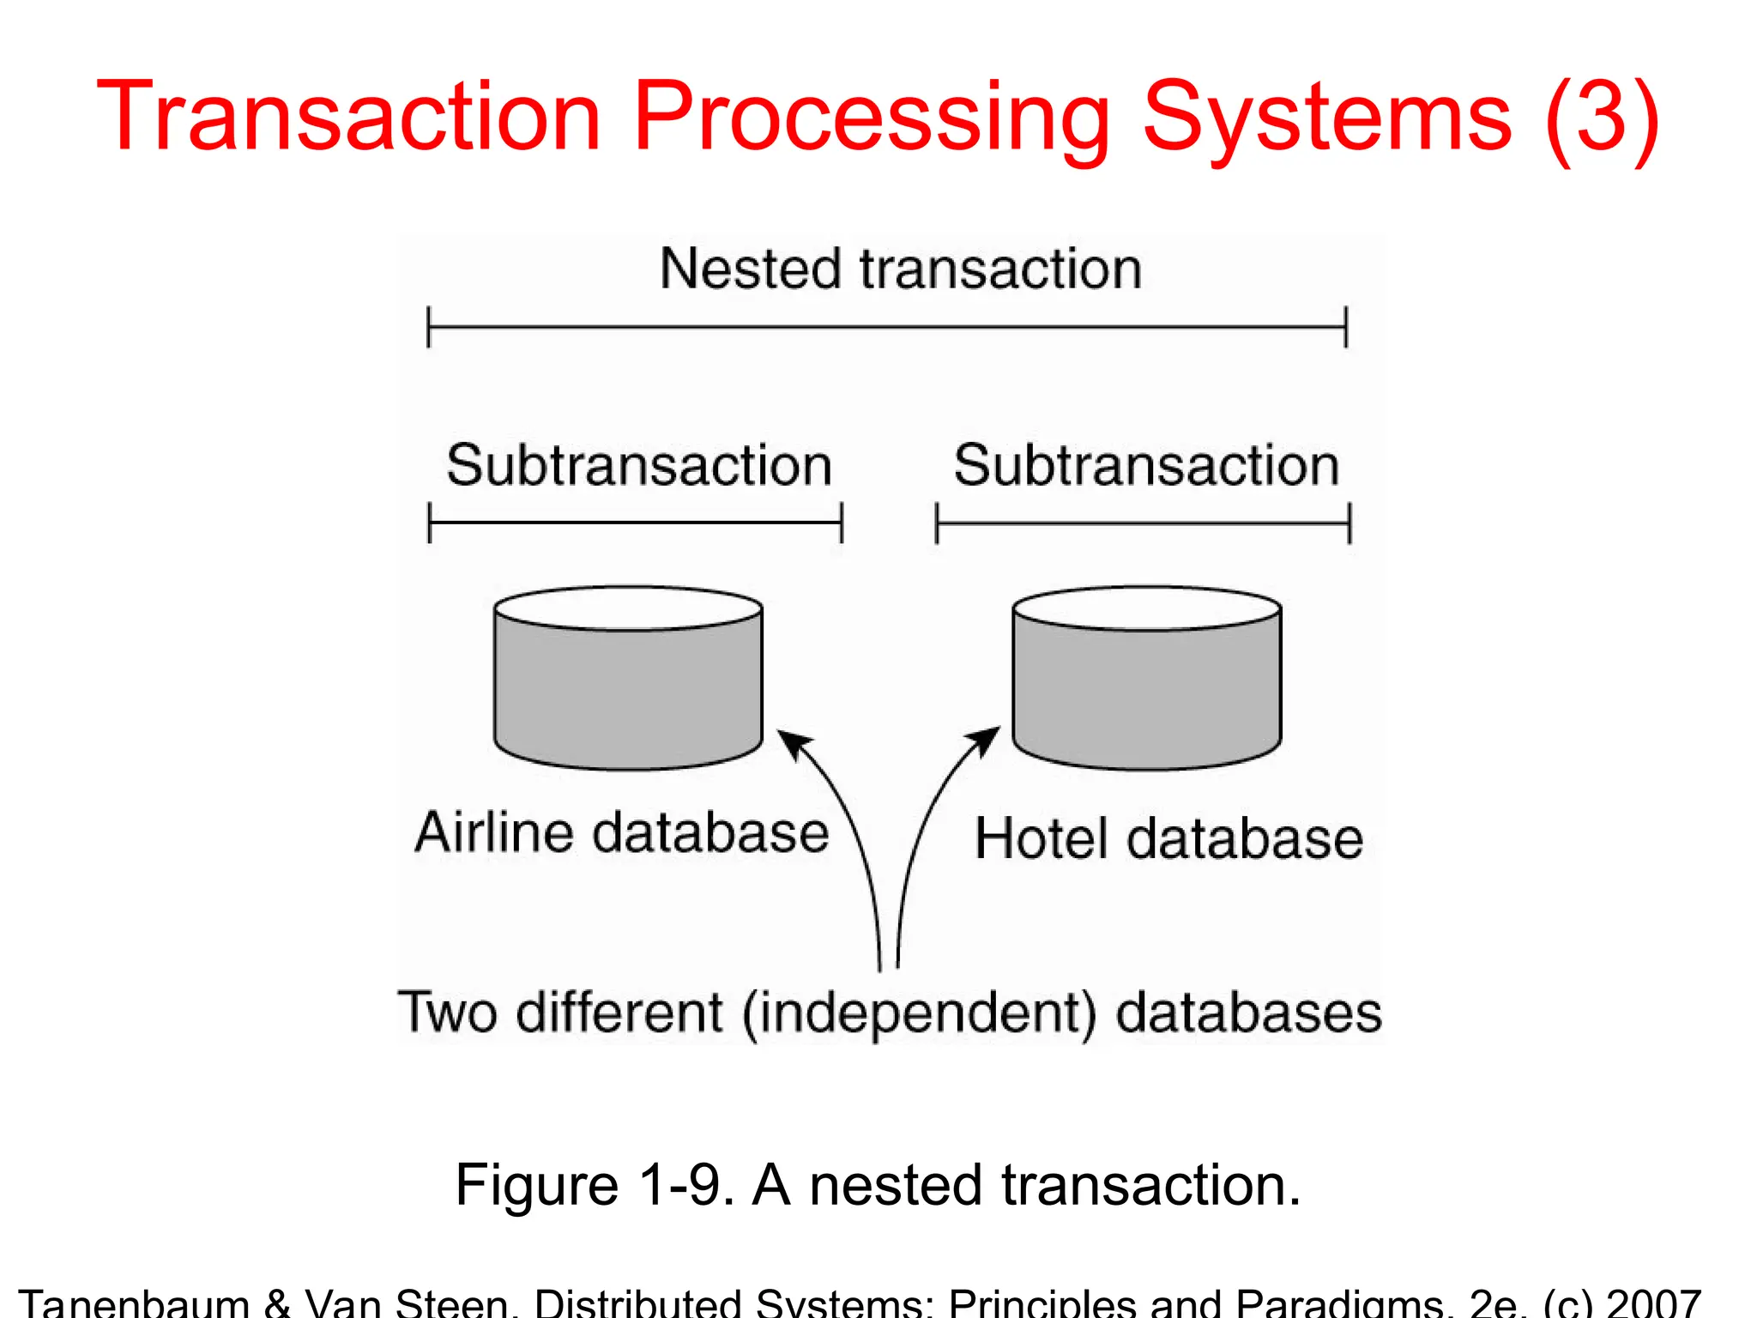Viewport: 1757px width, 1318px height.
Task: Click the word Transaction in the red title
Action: [x=347, y=116]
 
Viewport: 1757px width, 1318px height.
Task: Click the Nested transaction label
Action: [x=900, y=269]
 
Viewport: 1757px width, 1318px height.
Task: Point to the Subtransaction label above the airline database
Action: [x=639, y=465]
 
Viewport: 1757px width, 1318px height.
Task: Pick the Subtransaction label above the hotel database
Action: [x=1146, y=465]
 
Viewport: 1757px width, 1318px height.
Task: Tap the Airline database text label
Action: [x=621, y=832]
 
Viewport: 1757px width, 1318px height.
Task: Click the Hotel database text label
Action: [x=1168, y=838]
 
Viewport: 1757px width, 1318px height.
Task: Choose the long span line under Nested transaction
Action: [x=887, y=327]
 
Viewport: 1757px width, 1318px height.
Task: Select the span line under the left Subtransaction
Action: [x=635, y=523]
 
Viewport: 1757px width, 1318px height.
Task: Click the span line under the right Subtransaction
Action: [x=1143, y=523]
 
